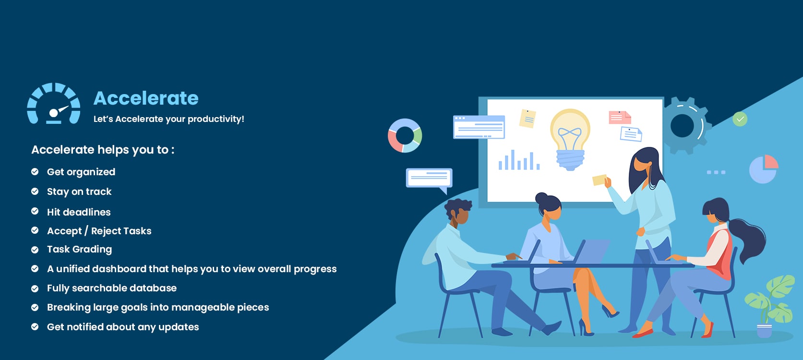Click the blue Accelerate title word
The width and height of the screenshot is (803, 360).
[146, 98]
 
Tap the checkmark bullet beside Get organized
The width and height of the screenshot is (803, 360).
[35, 172]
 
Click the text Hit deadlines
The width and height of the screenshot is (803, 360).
[79, 212]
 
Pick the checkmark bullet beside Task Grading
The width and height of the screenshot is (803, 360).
[35, 250]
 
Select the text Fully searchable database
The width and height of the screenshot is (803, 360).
[112, 288]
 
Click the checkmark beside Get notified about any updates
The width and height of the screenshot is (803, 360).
[35, 327]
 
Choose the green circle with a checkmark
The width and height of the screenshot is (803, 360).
[740, 119]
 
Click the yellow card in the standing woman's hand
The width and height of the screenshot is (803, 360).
[599, 180]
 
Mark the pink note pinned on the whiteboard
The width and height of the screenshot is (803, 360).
[620, 118]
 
